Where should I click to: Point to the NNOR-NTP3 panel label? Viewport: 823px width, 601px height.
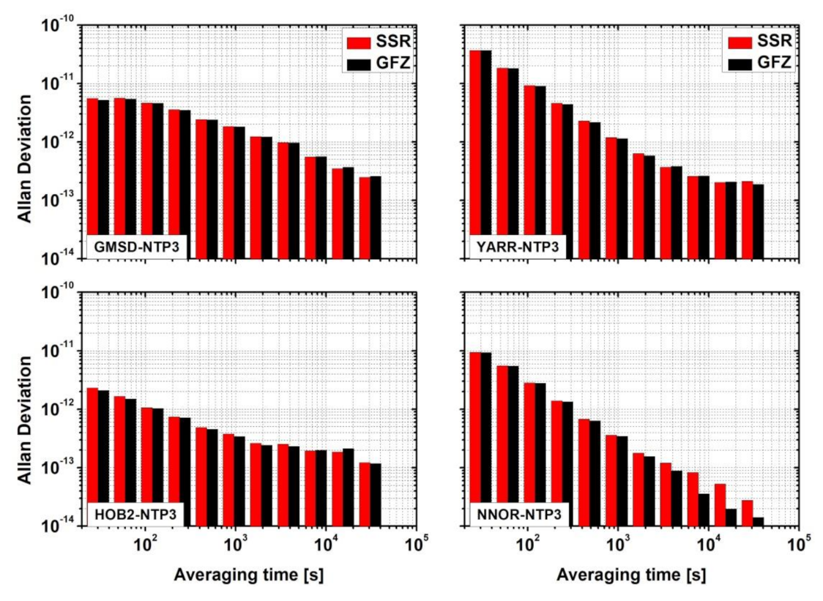517,514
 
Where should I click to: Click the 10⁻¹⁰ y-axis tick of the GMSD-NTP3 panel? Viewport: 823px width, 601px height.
56,26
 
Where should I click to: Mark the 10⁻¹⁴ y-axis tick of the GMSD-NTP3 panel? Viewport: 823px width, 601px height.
56,259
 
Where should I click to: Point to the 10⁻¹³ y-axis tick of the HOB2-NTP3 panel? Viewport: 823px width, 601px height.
56,469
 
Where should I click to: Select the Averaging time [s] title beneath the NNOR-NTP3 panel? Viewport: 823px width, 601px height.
631,575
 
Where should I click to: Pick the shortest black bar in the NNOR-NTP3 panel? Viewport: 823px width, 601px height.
758,522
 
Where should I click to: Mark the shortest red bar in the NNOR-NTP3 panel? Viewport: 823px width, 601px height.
747,513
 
